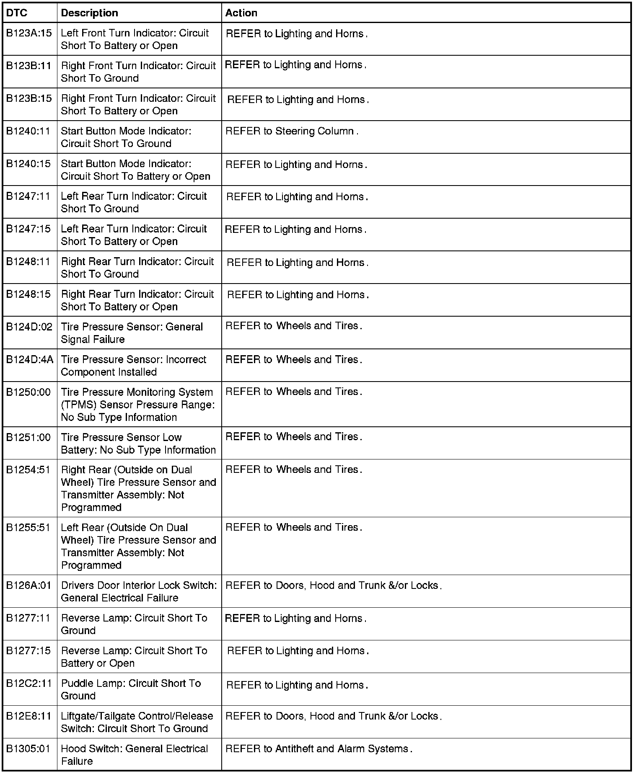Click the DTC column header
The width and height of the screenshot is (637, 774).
click(17, 13)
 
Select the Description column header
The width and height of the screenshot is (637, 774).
click(89, 13)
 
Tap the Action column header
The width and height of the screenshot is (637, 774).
click(241, 13)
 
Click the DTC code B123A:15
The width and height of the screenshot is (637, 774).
click(29, 33)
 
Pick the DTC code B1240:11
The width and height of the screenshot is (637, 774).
click(28, 131)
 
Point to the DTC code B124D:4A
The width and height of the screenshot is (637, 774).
click(30, 360)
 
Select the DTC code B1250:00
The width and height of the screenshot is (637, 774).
click(28, 392)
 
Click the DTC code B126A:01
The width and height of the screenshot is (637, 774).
click(28, 586)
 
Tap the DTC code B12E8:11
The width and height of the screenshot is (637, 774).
click(29, 716)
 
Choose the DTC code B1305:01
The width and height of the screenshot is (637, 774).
click(28, 749)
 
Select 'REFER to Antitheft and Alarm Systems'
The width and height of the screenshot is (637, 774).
click(318, 749)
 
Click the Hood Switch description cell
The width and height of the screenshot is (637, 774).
click(135, 755)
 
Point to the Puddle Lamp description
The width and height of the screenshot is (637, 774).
click(131, 689)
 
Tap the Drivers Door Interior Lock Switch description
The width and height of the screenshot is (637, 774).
click(139, 591)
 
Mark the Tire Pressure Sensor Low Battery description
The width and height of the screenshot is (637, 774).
click(138, 444)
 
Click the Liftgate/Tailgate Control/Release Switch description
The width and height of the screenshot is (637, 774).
click(137, 722)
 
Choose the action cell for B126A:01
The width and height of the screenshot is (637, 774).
click(333, 586)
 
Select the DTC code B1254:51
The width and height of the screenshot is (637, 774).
click(28, 470)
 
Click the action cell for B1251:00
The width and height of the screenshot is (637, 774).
click(293, 437)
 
